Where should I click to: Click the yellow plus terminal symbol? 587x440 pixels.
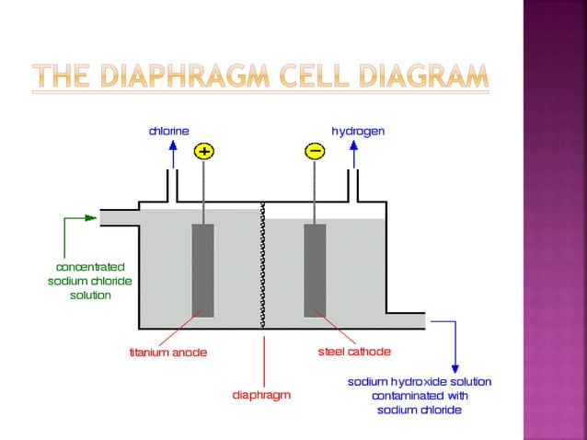tap(203, 151)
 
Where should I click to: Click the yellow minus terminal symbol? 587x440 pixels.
tap(315, 151)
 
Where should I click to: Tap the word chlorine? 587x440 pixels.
tap(169, 132)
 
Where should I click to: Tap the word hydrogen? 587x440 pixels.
tap(358, 132)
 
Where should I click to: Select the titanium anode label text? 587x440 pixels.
tap(167, 353)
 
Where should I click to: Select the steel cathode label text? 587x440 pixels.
tap(354, 352)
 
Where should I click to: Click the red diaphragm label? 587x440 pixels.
tap(261, 395)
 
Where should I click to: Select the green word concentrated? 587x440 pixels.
tap(90, 267)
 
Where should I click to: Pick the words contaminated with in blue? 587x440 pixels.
tap(420, 396)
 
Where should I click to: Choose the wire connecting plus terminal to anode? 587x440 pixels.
tap(203, 192)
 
